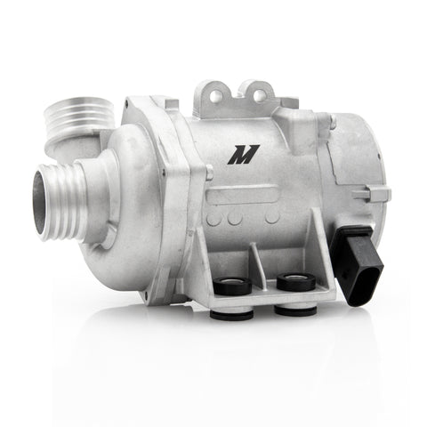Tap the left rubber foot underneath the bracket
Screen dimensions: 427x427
231,313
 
